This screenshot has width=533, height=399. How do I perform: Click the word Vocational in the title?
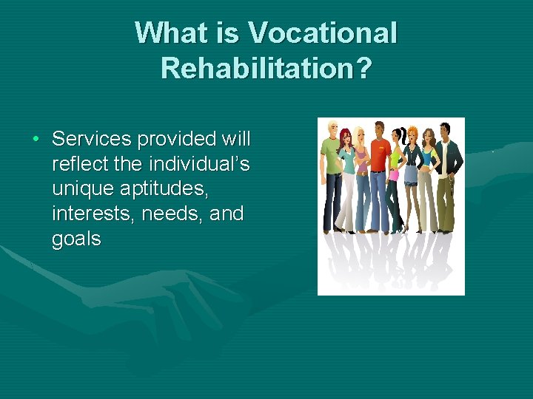pos(323,33)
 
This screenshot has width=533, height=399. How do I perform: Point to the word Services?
pos(92,139)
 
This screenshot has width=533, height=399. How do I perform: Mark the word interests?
pos(87,214)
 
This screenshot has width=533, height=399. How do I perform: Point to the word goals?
pos(76,239)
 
